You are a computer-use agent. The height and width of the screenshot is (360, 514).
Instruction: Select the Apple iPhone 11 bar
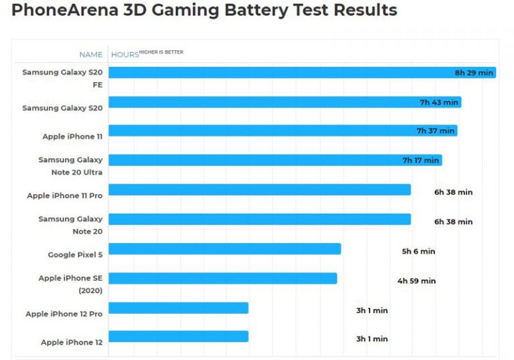268,130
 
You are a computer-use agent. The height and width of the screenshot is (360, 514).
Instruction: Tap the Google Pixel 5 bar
224,249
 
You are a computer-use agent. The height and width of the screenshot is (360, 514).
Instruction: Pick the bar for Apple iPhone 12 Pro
178,308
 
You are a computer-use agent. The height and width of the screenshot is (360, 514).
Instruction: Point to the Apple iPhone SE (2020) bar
222,278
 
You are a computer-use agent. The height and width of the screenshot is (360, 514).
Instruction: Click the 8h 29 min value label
473,72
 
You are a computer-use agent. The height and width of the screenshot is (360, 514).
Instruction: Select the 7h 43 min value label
439,102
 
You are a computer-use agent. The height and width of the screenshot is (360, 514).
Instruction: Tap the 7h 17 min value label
420,161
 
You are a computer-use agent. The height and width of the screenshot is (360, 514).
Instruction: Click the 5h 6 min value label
418,252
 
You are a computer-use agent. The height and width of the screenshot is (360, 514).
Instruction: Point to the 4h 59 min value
416,281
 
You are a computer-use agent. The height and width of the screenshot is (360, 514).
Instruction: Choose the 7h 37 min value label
435,131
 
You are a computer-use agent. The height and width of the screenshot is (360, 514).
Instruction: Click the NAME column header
91,55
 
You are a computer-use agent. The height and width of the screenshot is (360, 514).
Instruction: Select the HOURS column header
124,55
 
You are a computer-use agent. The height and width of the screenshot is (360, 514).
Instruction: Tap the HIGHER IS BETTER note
161,52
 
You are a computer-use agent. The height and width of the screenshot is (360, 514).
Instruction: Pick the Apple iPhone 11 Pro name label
65,196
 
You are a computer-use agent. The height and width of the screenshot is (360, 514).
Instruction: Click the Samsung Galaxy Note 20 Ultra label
70,166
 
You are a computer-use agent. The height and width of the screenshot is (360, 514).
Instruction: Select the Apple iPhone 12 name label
72,343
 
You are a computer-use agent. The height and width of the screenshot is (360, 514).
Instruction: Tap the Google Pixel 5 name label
75,255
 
